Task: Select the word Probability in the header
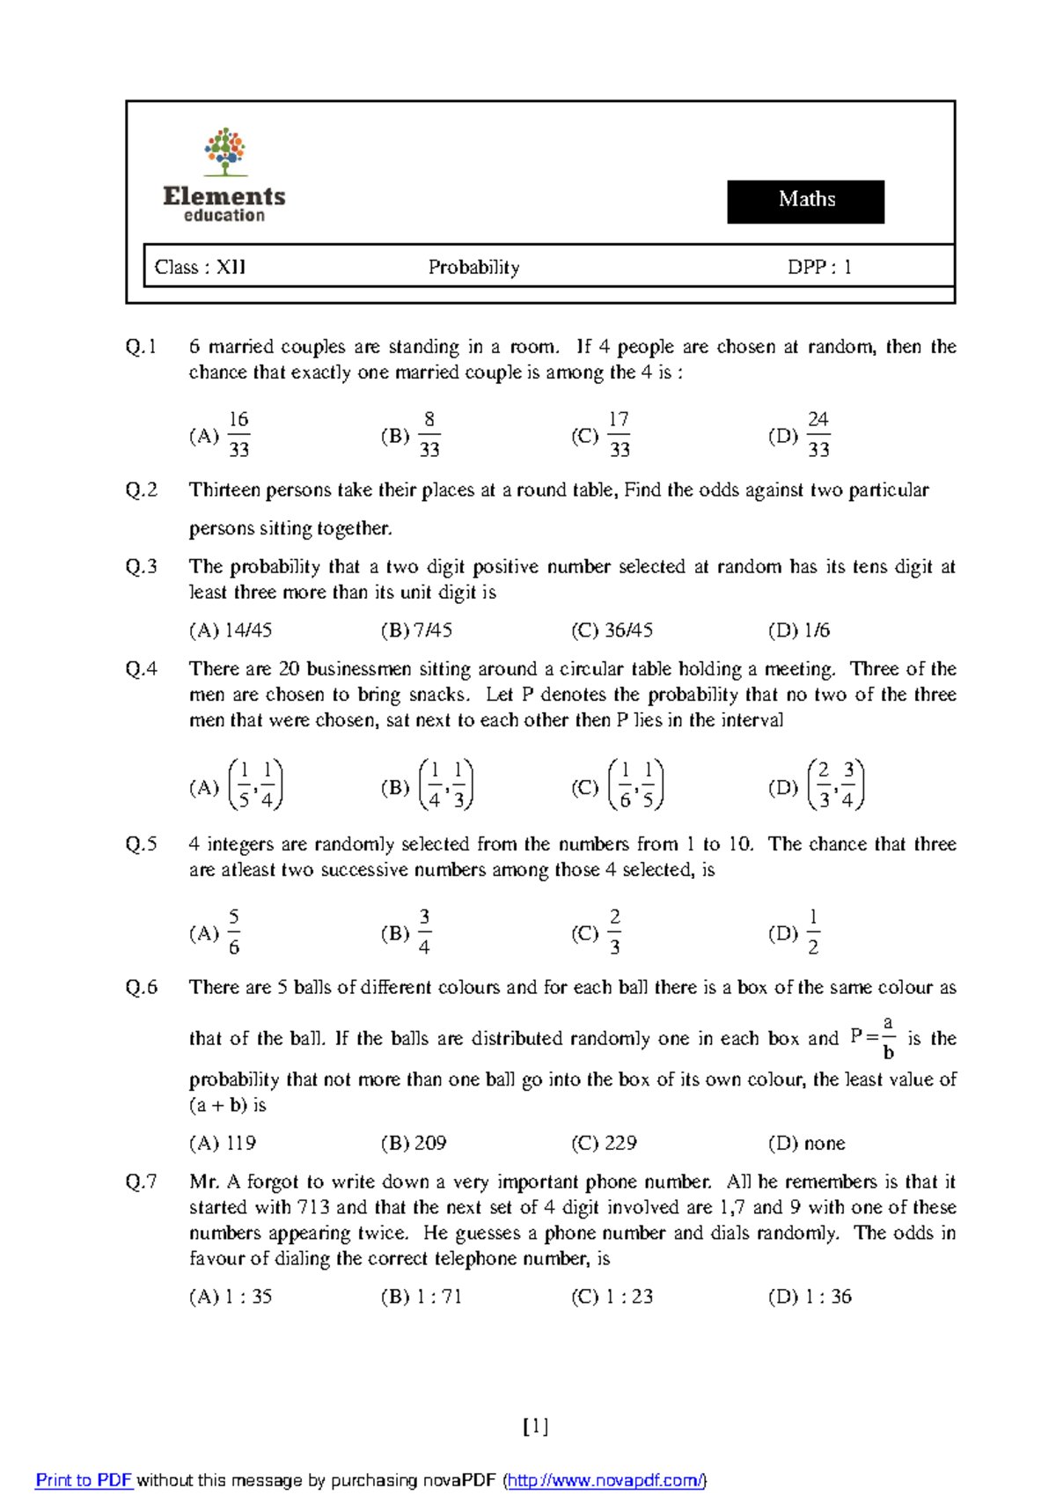473,267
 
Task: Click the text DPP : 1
819,267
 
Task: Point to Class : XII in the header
200,267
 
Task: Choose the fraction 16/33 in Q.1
238,435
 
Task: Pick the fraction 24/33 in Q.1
818,435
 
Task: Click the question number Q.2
142,490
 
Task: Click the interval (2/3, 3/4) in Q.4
835,785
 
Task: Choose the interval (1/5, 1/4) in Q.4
255,785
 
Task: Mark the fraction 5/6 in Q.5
233,932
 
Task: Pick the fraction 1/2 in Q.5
813,932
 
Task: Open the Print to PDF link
84,1480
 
